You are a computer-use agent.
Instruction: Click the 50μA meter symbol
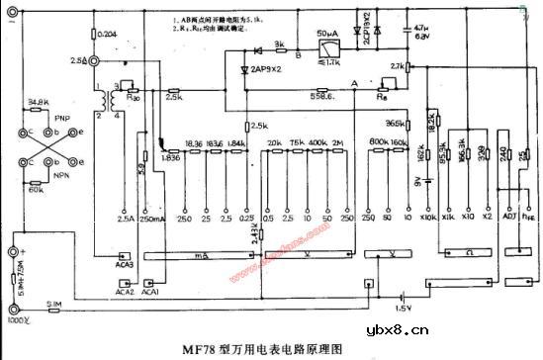point(325,45)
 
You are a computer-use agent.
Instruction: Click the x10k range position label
point(428,216)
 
